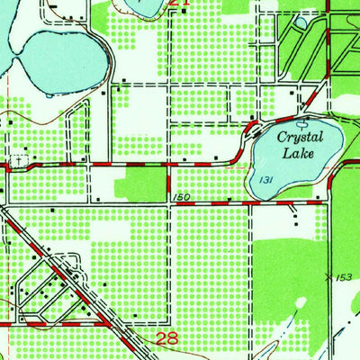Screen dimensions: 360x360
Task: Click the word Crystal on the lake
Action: [299, 138]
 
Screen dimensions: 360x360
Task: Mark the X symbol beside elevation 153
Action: [329, 275]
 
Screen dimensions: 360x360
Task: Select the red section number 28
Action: [167, 338]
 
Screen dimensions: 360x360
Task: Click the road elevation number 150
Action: [177, 197]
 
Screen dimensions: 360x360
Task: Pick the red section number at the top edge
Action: [180, 4]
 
